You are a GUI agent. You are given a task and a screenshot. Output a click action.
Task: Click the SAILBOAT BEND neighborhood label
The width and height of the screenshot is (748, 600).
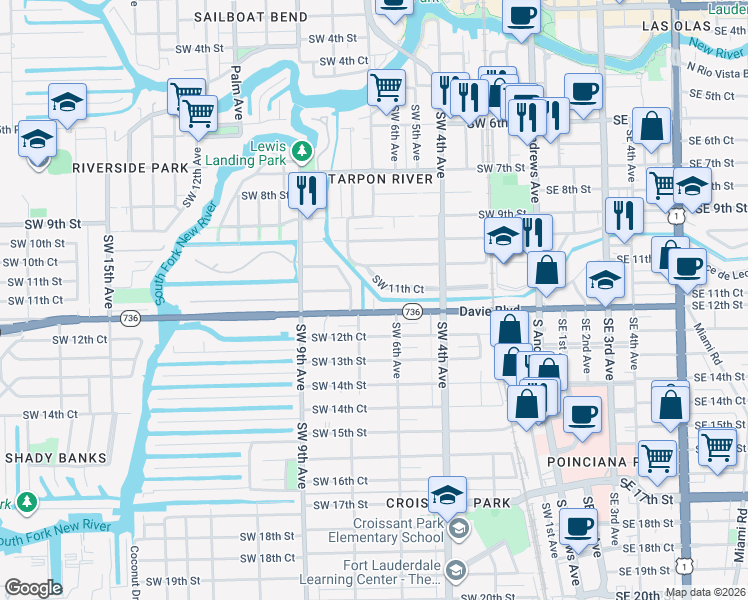pyautogui.click(x=251, y=18)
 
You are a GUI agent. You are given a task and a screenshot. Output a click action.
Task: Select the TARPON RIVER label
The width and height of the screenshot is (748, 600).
pyautogui.click(x=382, y=179)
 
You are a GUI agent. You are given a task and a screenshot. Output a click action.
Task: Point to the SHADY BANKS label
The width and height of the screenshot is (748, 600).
pyautogui.click(x=55, y=458)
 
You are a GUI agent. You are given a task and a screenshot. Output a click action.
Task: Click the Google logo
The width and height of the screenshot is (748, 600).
pyautogui.click(x=33, y=588)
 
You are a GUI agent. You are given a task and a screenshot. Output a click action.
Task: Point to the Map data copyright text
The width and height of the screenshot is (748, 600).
pyautogui.click(x=705, y=592)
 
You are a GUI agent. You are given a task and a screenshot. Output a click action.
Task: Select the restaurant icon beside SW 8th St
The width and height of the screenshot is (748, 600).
pyautogui.click(x=307, y=188)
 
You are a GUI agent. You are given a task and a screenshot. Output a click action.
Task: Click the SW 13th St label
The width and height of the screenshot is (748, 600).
pyautogui.click(x=339, y=361)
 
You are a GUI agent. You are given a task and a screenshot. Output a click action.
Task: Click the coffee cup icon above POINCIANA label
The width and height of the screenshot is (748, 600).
pyautogui.click(x=581, y=412)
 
